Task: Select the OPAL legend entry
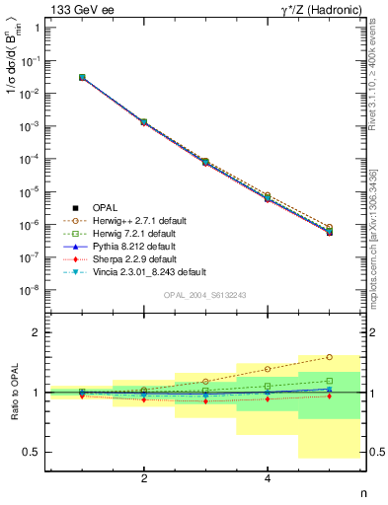(x=105, y=207)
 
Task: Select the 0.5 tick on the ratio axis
(x=34, y=452)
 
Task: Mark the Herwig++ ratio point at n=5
(x=330, y=357)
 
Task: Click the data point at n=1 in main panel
(x=82, y=77)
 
